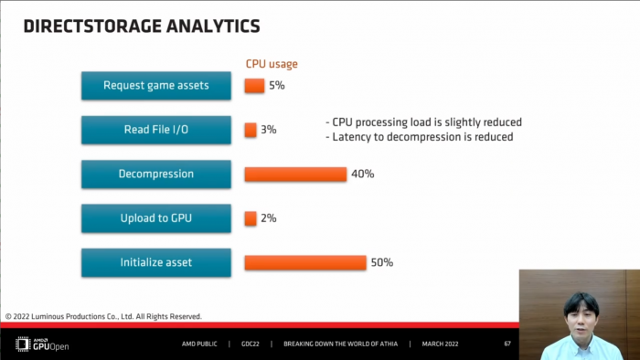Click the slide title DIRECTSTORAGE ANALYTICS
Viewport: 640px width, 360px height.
pyautogui.click(x=141, y=26)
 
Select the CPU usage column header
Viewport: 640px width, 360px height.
pyautogui.click(x=272, y=64)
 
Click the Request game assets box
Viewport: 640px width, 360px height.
pyautogui.click(x=156, y=86)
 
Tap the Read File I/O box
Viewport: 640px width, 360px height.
pyautogui.click(x=156, y=130)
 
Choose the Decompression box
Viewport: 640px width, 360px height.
pyautogui.click(x=156, y=174)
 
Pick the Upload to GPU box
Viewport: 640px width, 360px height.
pyautogui.click(x=156, y=218)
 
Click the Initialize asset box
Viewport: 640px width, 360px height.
pyautogui.click(x=156, y=262)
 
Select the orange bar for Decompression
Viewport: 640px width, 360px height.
pyautogui.click(x=295, y=174)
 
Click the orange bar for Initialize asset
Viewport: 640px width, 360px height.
pyautogui.click(x=305, y=262)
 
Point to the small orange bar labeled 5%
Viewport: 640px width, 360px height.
pyautogui.click(x=254, y=86)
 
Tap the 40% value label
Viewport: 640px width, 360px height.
pyautogui.click(x=362, y=174)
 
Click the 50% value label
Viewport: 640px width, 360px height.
pyautogui.click(x=381, y=262)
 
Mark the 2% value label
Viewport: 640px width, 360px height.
pyautogui.click(x=269, y=218)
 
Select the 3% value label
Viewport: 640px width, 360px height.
pyautogui.click(x=269, y=130)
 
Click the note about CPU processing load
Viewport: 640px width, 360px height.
pyautogui.click(x=423, y=122)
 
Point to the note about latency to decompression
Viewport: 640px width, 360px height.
pyautogui.click(x=419, y=137)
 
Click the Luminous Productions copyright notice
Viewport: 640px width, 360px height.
pyautogui.click(x=103, y=316)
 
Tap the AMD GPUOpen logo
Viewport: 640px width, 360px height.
pyautogui.click(x=42, y=344)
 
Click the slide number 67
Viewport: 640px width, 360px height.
pyautogui.click(x=507, y=344)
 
